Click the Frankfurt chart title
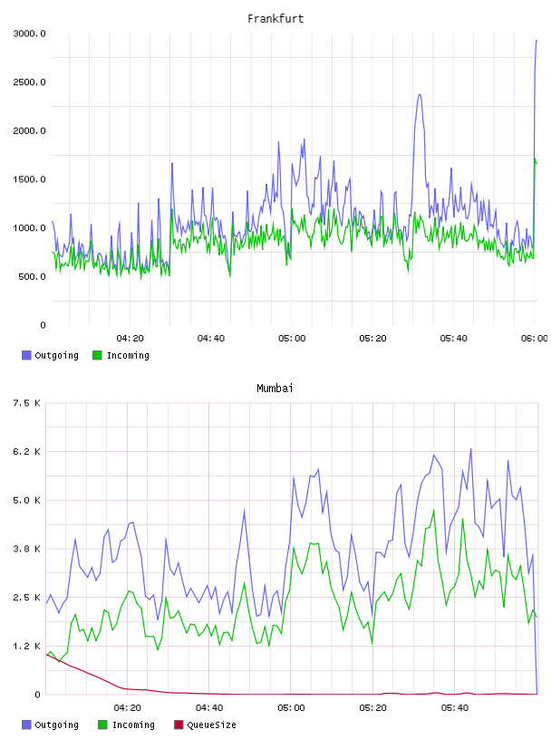pyautogui.click(x=275, y=19)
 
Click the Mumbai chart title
pyautogui.click(x=275, y=389)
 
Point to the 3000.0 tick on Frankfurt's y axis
pyautogui.click(x=29, y=34)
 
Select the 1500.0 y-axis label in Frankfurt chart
pyautogui.click(x=29, y=179)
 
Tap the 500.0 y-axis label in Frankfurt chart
pyautogui.click(x=32, y=276)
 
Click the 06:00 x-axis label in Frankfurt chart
pyautogui.click(x=535, y=338)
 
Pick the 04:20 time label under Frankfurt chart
pyautogui.click(x=130, y=338)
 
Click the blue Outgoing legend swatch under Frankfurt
pyautogui.click(x=26, y=355)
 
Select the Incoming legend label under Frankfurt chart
pyautogui.click(x=128, y=355)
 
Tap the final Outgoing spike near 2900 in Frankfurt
pyautogui.click(x=536, y=41)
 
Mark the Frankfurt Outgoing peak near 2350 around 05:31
pyautogui.click(x=420, y=95)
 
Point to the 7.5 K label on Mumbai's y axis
pyautogui.click(x=26, y=403)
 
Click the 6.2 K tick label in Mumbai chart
pyautogui.click(x=26, y=452)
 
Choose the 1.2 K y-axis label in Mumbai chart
pyautogui.click(x=26, y=646)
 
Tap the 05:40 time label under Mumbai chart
pyautogui.click(x=454, y=707)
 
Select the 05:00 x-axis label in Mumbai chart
pyautogui.click(x=291, y=707)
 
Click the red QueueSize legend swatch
pyautogui.click(x=179, y=725)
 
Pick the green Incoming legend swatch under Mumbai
pyautogui.click(x=102, y=725)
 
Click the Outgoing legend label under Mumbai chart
pyautogui.click(x=56, y=725)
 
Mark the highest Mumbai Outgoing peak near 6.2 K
pyautogui.click(x=470, y=449)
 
